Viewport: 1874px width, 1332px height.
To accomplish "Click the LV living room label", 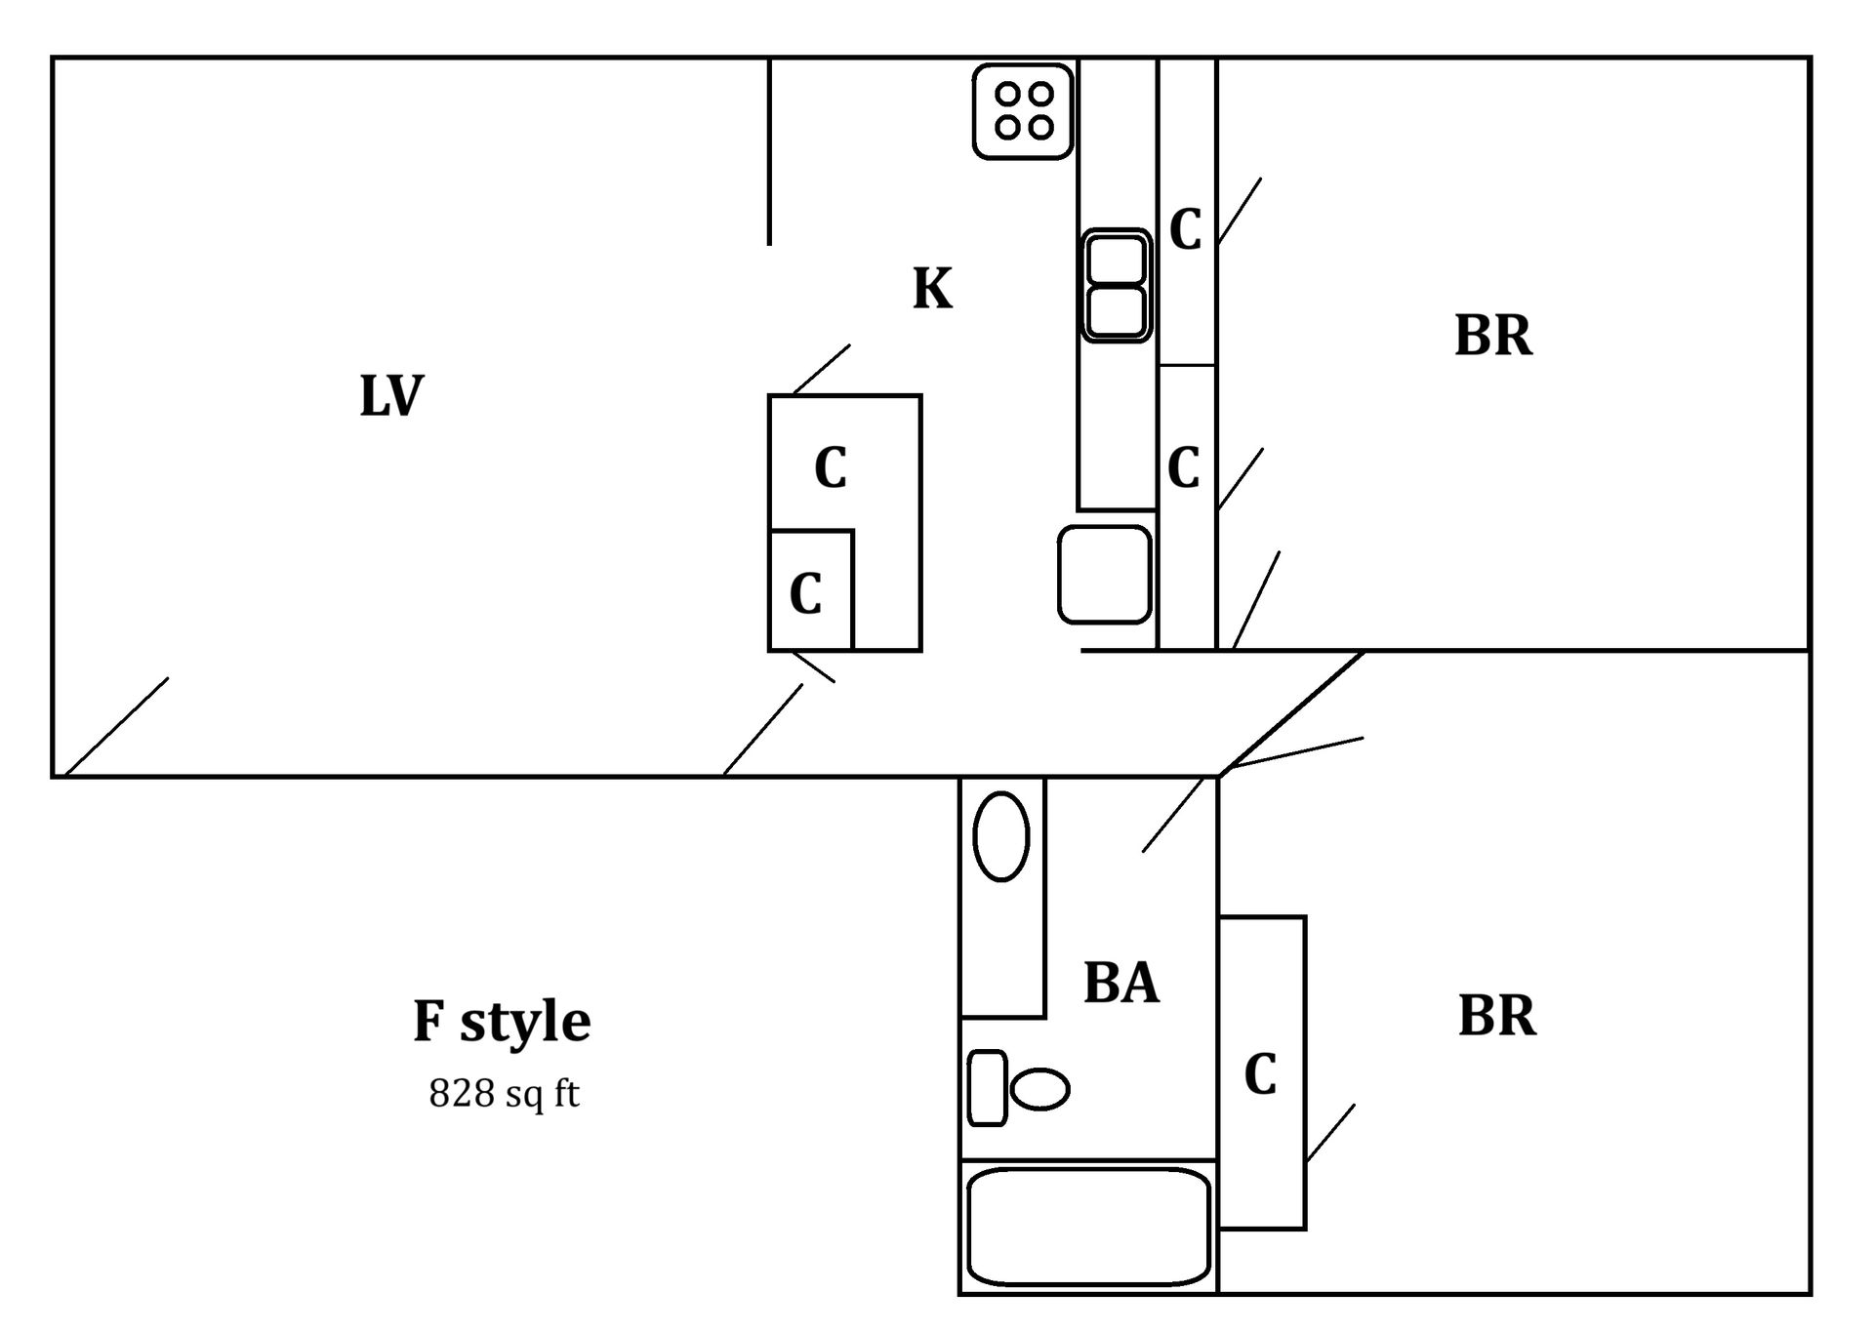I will (391, 396).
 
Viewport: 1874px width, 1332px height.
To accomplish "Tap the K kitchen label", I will (932, 289).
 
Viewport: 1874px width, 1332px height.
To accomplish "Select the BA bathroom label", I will (1120, 983).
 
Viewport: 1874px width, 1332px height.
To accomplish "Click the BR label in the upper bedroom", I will (1493, 336).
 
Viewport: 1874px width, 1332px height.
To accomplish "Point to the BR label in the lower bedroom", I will (1496, 1016).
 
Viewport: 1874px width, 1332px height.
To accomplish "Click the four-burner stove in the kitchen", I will (1023, 110).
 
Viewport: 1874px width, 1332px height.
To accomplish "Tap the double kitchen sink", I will (1116, 286).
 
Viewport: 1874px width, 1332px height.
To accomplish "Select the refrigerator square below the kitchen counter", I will (1105, 575).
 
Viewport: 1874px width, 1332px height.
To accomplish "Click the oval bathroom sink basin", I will (1001, 836).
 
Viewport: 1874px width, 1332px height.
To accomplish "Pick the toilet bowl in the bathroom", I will (1040, 1089).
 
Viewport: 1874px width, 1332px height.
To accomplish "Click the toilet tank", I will (987, 1088).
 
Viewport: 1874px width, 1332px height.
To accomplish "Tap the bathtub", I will (1088, 1228).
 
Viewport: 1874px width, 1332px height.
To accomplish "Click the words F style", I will (502, 1022).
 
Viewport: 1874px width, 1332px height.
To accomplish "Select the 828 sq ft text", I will (504, 1094).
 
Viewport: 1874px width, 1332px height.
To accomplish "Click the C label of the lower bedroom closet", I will (1260, 1074).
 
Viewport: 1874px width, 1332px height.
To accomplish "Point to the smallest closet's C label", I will (805, 592).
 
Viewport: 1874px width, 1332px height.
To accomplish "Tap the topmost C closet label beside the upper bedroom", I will (1185, 230).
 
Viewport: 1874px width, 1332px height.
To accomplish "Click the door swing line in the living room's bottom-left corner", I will (116, 727).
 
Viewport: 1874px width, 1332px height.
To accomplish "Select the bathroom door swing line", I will (1173, 815).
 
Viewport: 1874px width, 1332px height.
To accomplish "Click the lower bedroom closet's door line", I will (1330, 1133).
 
